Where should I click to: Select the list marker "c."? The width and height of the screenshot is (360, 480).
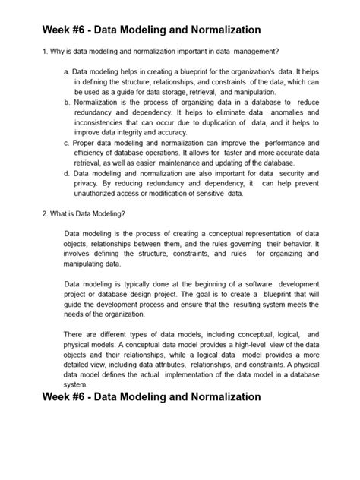(67, 142)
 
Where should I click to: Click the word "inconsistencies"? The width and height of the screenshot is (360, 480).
(103, 122)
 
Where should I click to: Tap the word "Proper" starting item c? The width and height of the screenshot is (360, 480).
(85, 142)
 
